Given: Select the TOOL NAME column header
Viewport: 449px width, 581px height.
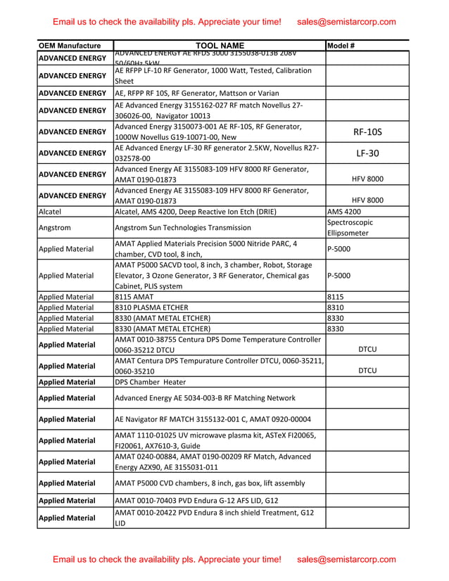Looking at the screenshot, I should click(x=219, y=46).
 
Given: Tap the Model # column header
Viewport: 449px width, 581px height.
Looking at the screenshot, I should click(x=341, y=46).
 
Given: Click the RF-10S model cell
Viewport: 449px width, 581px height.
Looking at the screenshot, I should click(x=367, y=131).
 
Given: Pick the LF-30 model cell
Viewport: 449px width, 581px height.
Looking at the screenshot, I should click(x=367, y=153).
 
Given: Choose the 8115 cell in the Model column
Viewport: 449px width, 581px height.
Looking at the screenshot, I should click(x=336, y=297).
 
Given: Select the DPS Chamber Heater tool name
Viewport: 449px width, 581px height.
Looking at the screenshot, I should click(x=151, y=382).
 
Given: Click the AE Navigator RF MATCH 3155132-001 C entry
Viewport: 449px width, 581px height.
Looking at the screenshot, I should click(x=203, y=419).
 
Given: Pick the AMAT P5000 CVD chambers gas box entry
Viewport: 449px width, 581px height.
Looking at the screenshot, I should click(x=210, y=483).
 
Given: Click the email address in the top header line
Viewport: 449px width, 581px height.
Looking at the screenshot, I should click(x=346, y=22).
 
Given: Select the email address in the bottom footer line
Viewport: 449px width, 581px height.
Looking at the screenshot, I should click(x=346, y=559).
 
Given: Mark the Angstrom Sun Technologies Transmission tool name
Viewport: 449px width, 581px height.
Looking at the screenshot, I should click(x=182, y=227).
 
